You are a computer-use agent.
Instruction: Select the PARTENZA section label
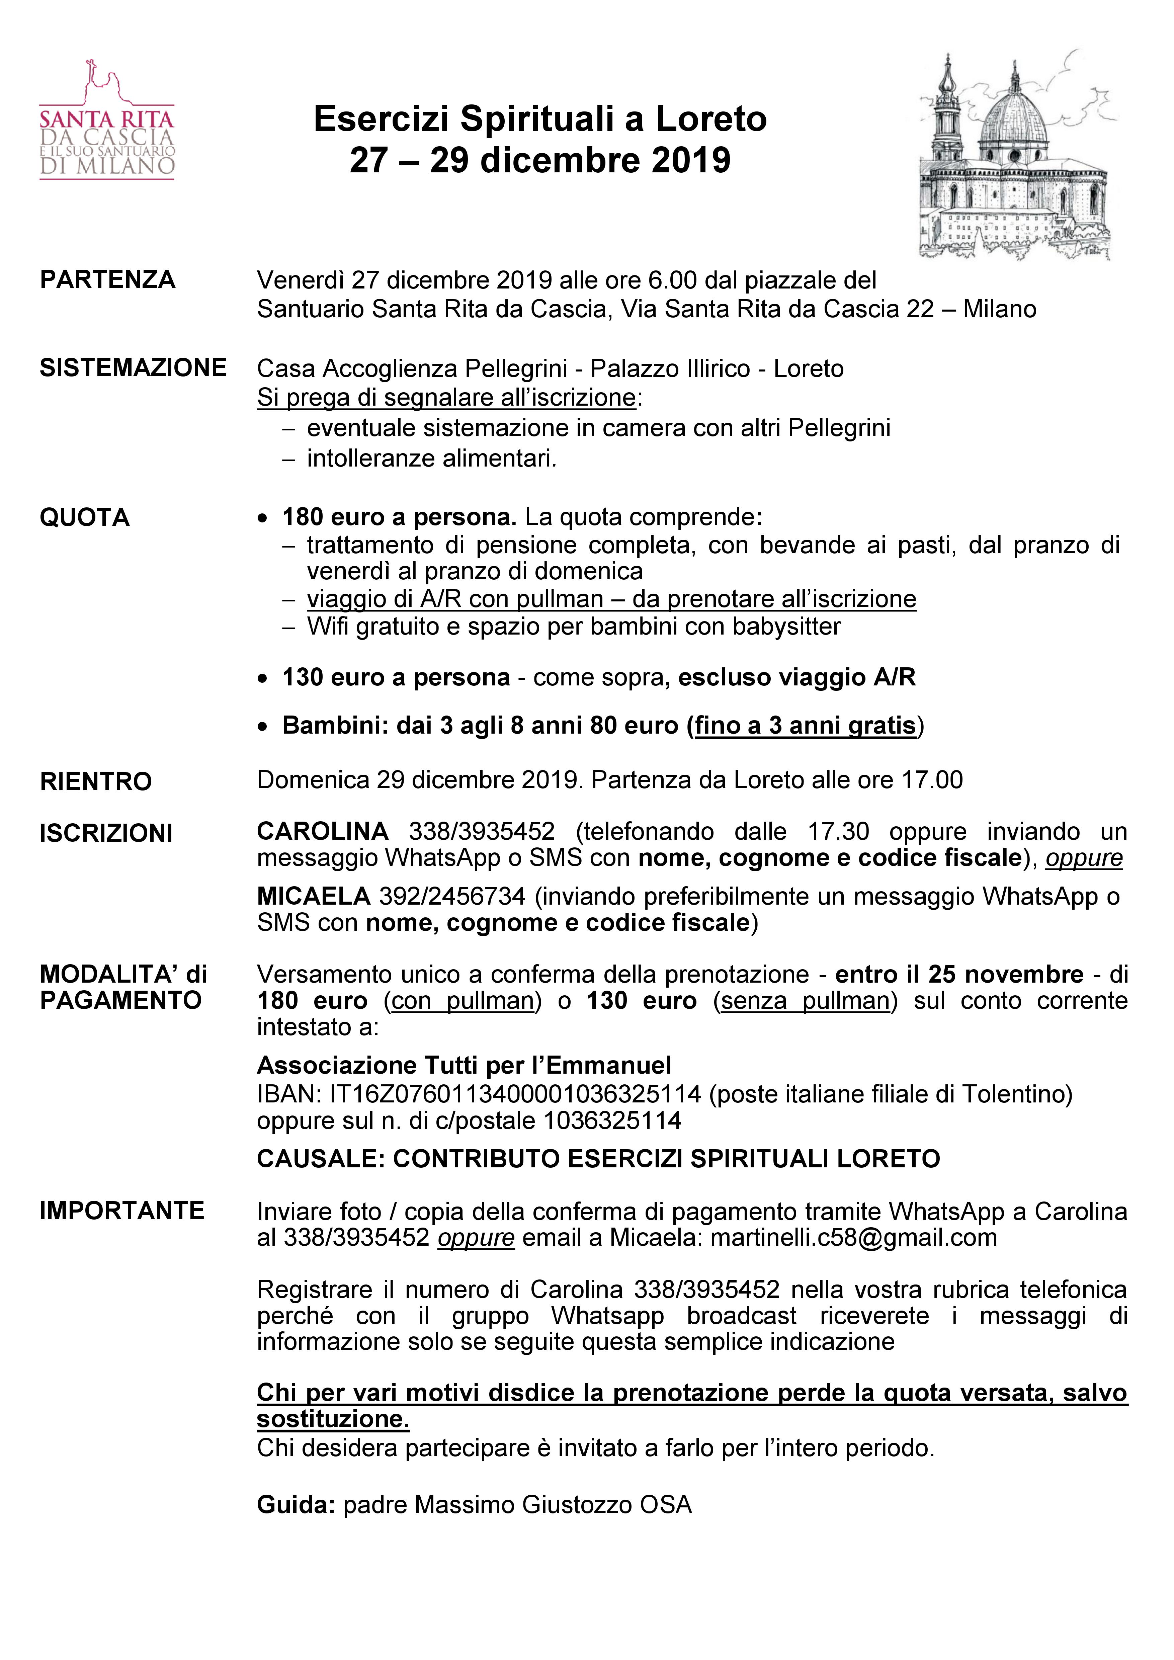coord(108,280)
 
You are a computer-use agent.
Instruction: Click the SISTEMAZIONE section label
coord(133,368)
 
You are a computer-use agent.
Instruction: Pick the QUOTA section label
coord(85,518)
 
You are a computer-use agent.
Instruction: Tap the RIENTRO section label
coord(96,781)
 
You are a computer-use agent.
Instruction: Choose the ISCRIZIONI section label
coord(106,834)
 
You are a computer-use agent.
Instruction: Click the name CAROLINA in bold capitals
coord(322,831)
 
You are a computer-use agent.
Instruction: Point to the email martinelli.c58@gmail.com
coord(854,1238)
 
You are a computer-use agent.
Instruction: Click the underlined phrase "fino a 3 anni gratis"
coord(805,725)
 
